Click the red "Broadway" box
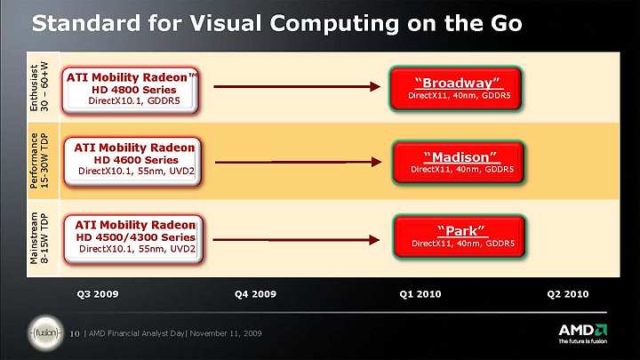pyautogui.click(x=455, y=89)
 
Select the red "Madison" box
pyautogui.click(x=458, y=162)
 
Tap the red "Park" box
pyautogui.click(x=460, y=236)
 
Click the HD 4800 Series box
pyautogui.click(x=131, y=90)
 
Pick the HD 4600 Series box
pyautogui.click(x=132, y=162)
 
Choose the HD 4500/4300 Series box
pyautogui.click(x=133, y=239)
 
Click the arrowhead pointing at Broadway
pyautogui.click(x=375, y=86)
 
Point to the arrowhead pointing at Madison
pyautogui.click(x=376, y=162)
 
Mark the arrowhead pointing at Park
pyautogui.click(x=374, y=240)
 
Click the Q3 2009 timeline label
pyautogui.click(x=98, y=294)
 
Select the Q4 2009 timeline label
pyautogui.click(x=255, y=294)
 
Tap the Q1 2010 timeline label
pyautogui.click(x=420, y=294)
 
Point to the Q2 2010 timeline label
pyautogui.click(x=568, y=294)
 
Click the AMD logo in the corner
pyautogui.click(x=582, y=333)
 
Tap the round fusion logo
pyautogui.click(x=45, y=333)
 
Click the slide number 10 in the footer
pyautogui.click(x=75, y=334)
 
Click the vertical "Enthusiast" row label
pyautogui.click(x=34, y=88)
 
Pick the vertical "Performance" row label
pyautogui.click(x=34, y=160)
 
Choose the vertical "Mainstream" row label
pyautogui.click(x=34, y=238)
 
